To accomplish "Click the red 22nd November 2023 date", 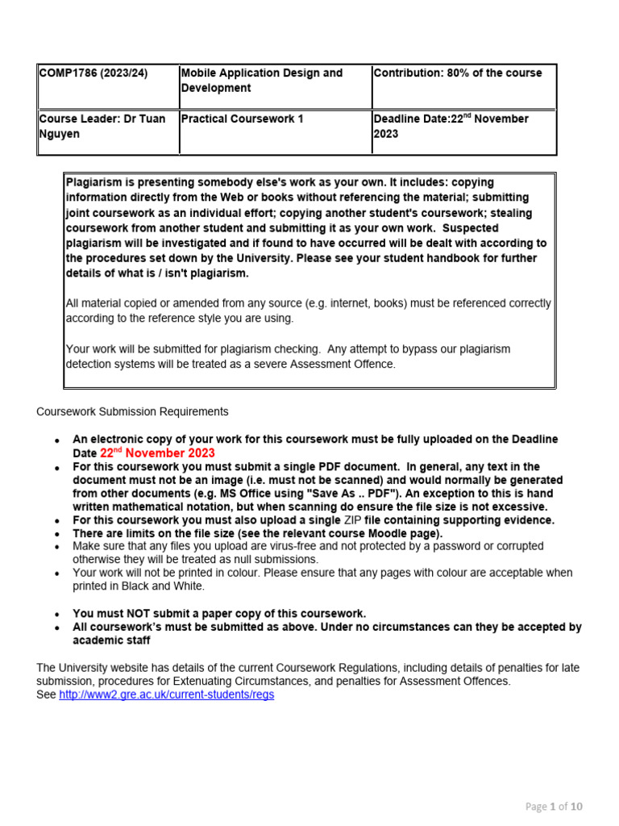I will [157, 453].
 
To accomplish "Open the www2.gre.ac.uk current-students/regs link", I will [167, 695].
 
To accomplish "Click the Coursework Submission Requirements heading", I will [133, 411].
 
